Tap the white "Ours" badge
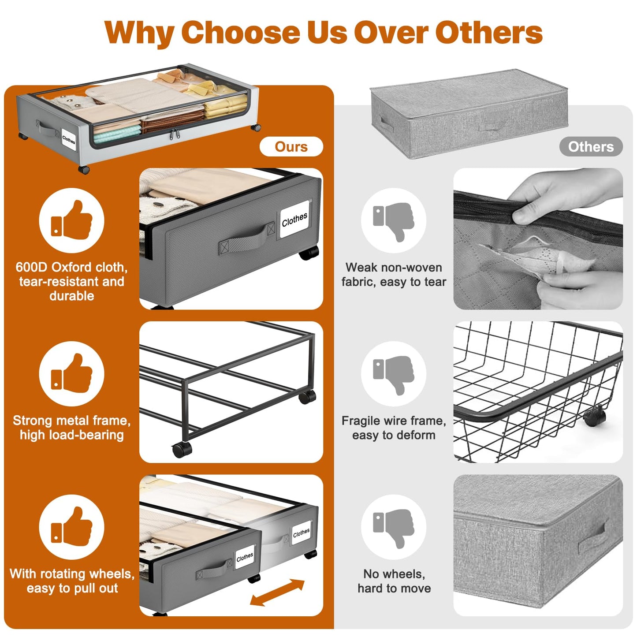tap(291, 146)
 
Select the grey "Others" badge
tap(591, 146)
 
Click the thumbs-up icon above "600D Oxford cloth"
tap(71, 220)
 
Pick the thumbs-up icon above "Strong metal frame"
tap(71, 373)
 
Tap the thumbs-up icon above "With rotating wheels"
tap(71, 527)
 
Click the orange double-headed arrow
tap(277, 593)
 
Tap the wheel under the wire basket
tap(594, 418)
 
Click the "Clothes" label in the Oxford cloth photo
tap(294, 219)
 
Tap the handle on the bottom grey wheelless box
tap(592, 540)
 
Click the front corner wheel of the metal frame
tap(182, 450)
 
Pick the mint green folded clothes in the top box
tap(117, 134)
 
